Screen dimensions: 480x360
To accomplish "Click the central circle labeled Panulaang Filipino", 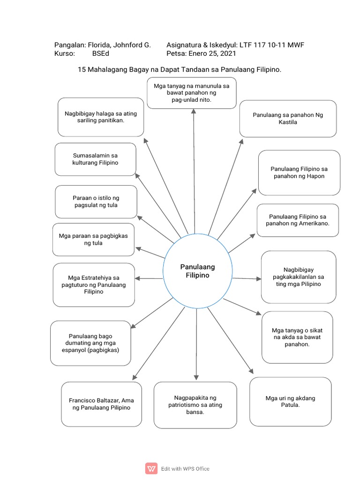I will tap(197, 271).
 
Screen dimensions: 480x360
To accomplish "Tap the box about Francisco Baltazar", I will tap(101, 404).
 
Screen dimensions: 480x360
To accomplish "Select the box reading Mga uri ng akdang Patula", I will tap(290, 402).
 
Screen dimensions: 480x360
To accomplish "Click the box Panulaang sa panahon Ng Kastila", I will tap(288, 119).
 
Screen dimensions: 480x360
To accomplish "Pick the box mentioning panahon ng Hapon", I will tap(299, 172).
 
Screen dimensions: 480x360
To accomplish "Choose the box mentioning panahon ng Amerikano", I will tap(298, 220).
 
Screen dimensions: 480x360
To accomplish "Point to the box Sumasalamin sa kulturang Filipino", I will tap(95, 159).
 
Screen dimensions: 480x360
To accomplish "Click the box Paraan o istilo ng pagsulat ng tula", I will tap(96, 202).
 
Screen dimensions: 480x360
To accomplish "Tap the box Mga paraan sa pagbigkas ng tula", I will tap(93, 239).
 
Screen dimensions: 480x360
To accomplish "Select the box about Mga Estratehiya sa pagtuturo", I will tap(94, 285).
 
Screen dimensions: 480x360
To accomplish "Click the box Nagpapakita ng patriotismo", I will tap(195, 405).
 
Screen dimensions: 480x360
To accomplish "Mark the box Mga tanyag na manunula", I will tap(191, 93).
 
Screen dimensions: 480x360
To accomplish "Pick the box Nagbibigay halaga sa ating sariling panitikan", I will tap(101, 117).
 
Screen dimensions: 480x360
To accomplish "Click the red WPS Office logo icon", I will tap(151, 468).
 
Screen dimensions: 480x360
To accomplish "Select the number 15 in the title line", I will tap(81, 69).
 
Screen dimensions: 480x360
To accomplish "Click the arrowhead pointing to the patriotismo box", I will tap(196, 377).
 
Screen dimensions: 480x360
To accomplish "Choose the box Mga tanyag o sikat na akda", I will tap(297, 337).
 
